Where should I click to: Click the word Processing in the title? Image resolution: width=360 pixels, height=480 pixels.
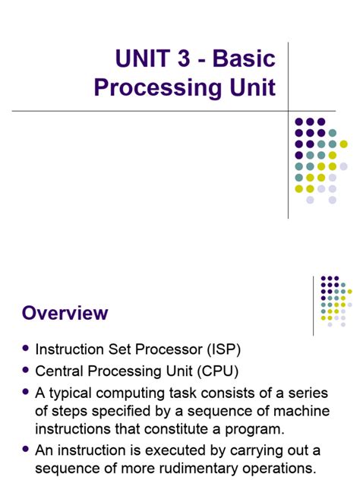[153, 87]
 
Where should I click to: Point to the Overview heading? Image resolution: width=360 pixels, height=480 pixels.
[65, 313]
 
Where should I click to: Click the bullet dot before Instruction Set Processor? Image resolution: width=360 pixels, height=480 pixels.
[27, 348]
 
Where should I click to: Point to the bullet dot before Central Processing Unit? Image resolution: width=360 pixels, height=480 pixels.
[27, 370]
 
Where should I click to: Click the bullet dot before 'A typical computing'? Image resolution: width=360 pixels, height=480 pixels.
[27, 392]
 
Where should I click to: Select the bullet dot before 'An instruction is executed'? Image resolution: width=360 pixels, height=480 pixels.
[27, 448]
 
